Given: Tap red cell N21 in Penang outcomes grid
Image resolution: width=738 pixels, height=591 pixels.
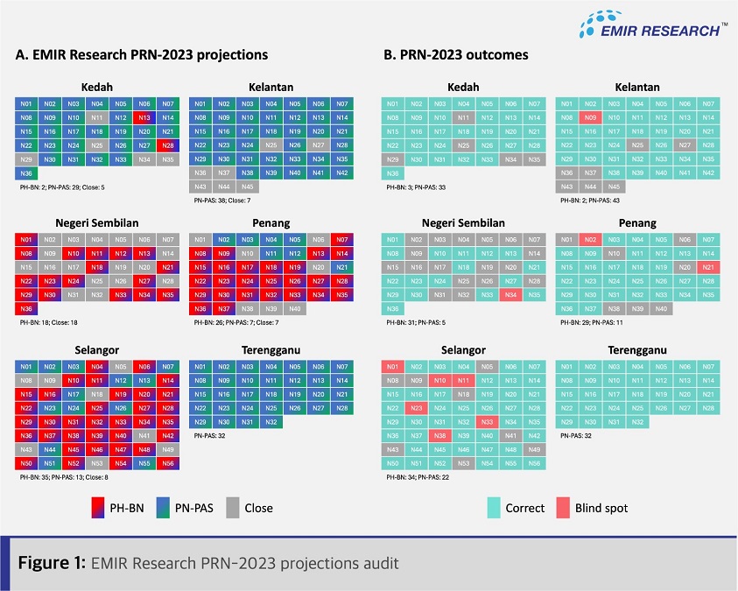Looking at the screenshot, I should (x=706, y=267).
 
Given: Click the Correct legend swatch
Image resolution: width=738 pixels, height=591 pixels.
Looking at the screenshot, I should (x=501, y=507).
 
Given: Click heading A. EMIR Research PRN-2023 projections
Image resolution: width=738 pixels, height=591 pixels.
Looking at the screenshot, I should (x=142, y=54).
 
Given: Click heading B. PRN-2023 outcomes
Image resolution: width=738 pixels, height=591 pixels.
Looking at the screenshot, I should (x=456, y=54).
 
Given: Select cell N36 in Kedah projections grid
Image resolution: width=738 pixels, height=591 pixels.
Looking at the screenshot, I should (x=25, y=173).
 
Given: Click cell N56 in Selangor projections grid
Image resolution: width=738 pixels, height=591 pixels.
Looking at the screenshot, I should (x=167, y=462).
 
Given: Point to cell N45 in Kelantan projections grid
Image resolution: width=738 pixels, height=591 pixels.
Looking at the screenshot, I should (x=248, y=186).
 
